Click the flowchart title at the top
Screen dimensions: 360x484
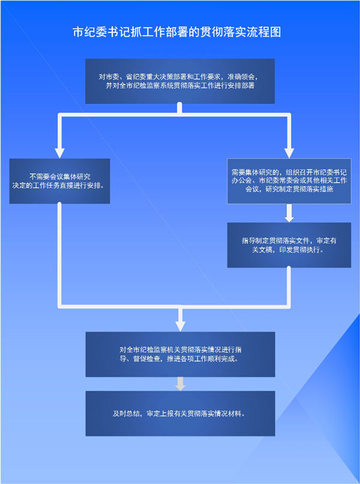pyautogui.click(x=176, y=32)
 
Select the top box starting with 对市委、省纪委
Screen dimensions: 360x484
pyautogui.click(x=180, y=81)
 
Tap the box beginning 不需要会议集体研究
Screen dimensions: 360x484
pyautogui.click(x=59, y=181)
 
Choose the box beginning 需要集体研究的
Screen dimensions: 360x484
pyautogui.click(x=289, y=181)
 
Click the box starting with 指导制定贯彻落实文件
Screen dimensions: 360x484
pyautogui.click(x=289, y=245)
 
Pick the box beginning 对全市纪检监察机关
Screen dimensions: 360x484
pyautogui.click(x=181, y=354)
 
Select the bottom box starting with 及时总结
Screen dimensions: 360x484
pyautogui.click(x=181, y=414)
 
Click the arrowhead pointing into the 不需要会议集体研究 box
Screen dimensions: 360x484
pyautogui.click(x=59, y=153)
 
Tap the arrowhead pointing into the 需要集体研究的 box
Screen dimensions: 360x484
pyautogui.click(x=289, y=153)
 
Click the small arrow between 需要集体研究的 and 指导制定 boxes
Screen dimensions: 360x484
pyautogui.click(x=289, y=213)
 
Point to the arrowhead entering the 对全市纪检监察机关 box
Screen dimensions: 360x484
pyautogui.click(x=181, y=326)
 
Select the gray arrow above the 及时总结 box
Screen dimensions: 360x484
pyautogui.click(x=181, y=384)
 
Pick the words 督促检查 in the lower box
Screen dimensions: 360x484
pyautogui.click(x=147, y=359)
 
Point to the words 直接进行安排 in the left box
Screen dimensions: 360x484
pyautogui.click(x=80, y=186)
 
